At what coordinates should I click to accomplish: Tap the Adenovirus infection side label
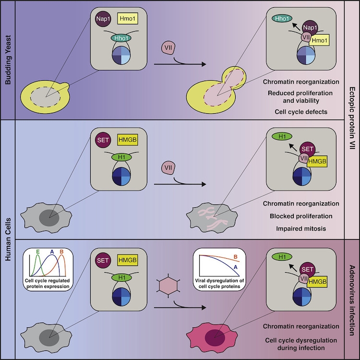click(x=352, y=298)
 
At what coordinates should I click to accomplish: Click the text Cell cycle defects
click(x=301, y=111)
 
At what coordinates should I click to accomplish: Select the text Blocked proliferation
click(x=301, y=216)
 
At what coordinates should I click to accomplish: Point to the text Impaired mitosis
click(x=301, y=228)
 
